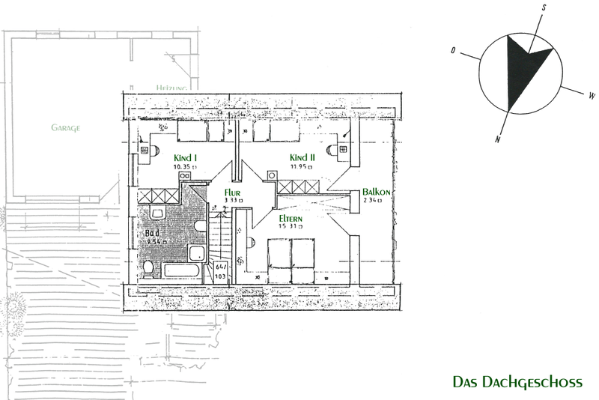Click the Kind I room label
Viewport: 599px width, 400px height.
click(185, 158)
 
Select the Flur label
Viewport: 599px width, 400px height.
click(233, 191)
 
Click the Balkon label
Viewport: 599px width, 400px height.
click(375, 191)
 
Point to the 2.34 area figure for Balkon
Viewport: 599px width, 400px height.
click(373, 201)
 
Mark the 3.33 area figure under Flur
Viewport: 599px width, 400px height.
click(233, 201)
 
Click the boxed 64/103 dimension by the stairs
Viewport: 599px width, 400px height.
click(221, 270)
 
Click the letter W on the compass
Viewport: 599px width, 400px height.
click(591, 96)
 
